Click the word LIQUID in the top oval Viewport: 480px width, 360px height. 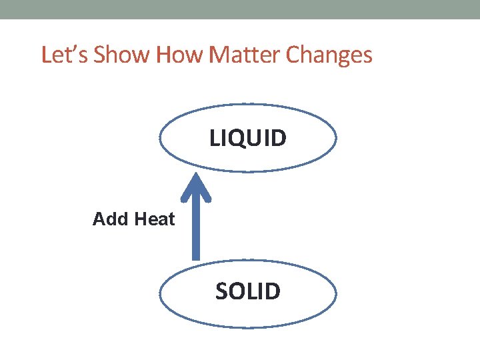(x=248, y=138)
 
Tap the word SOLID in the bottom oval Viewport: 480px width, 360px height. (x=248, y=291)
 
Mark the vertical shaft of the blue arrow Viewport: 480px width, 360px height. (x=196, y=230)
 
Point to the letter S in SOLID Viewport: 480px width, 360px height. (x=222, y=291)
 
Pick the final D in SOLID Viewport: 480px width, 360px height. (x=273, y=291)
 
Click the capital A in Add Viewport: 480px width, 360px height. (x=99, y=219)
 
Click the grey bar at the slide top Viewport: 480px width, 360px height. (x=240, y=9)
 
